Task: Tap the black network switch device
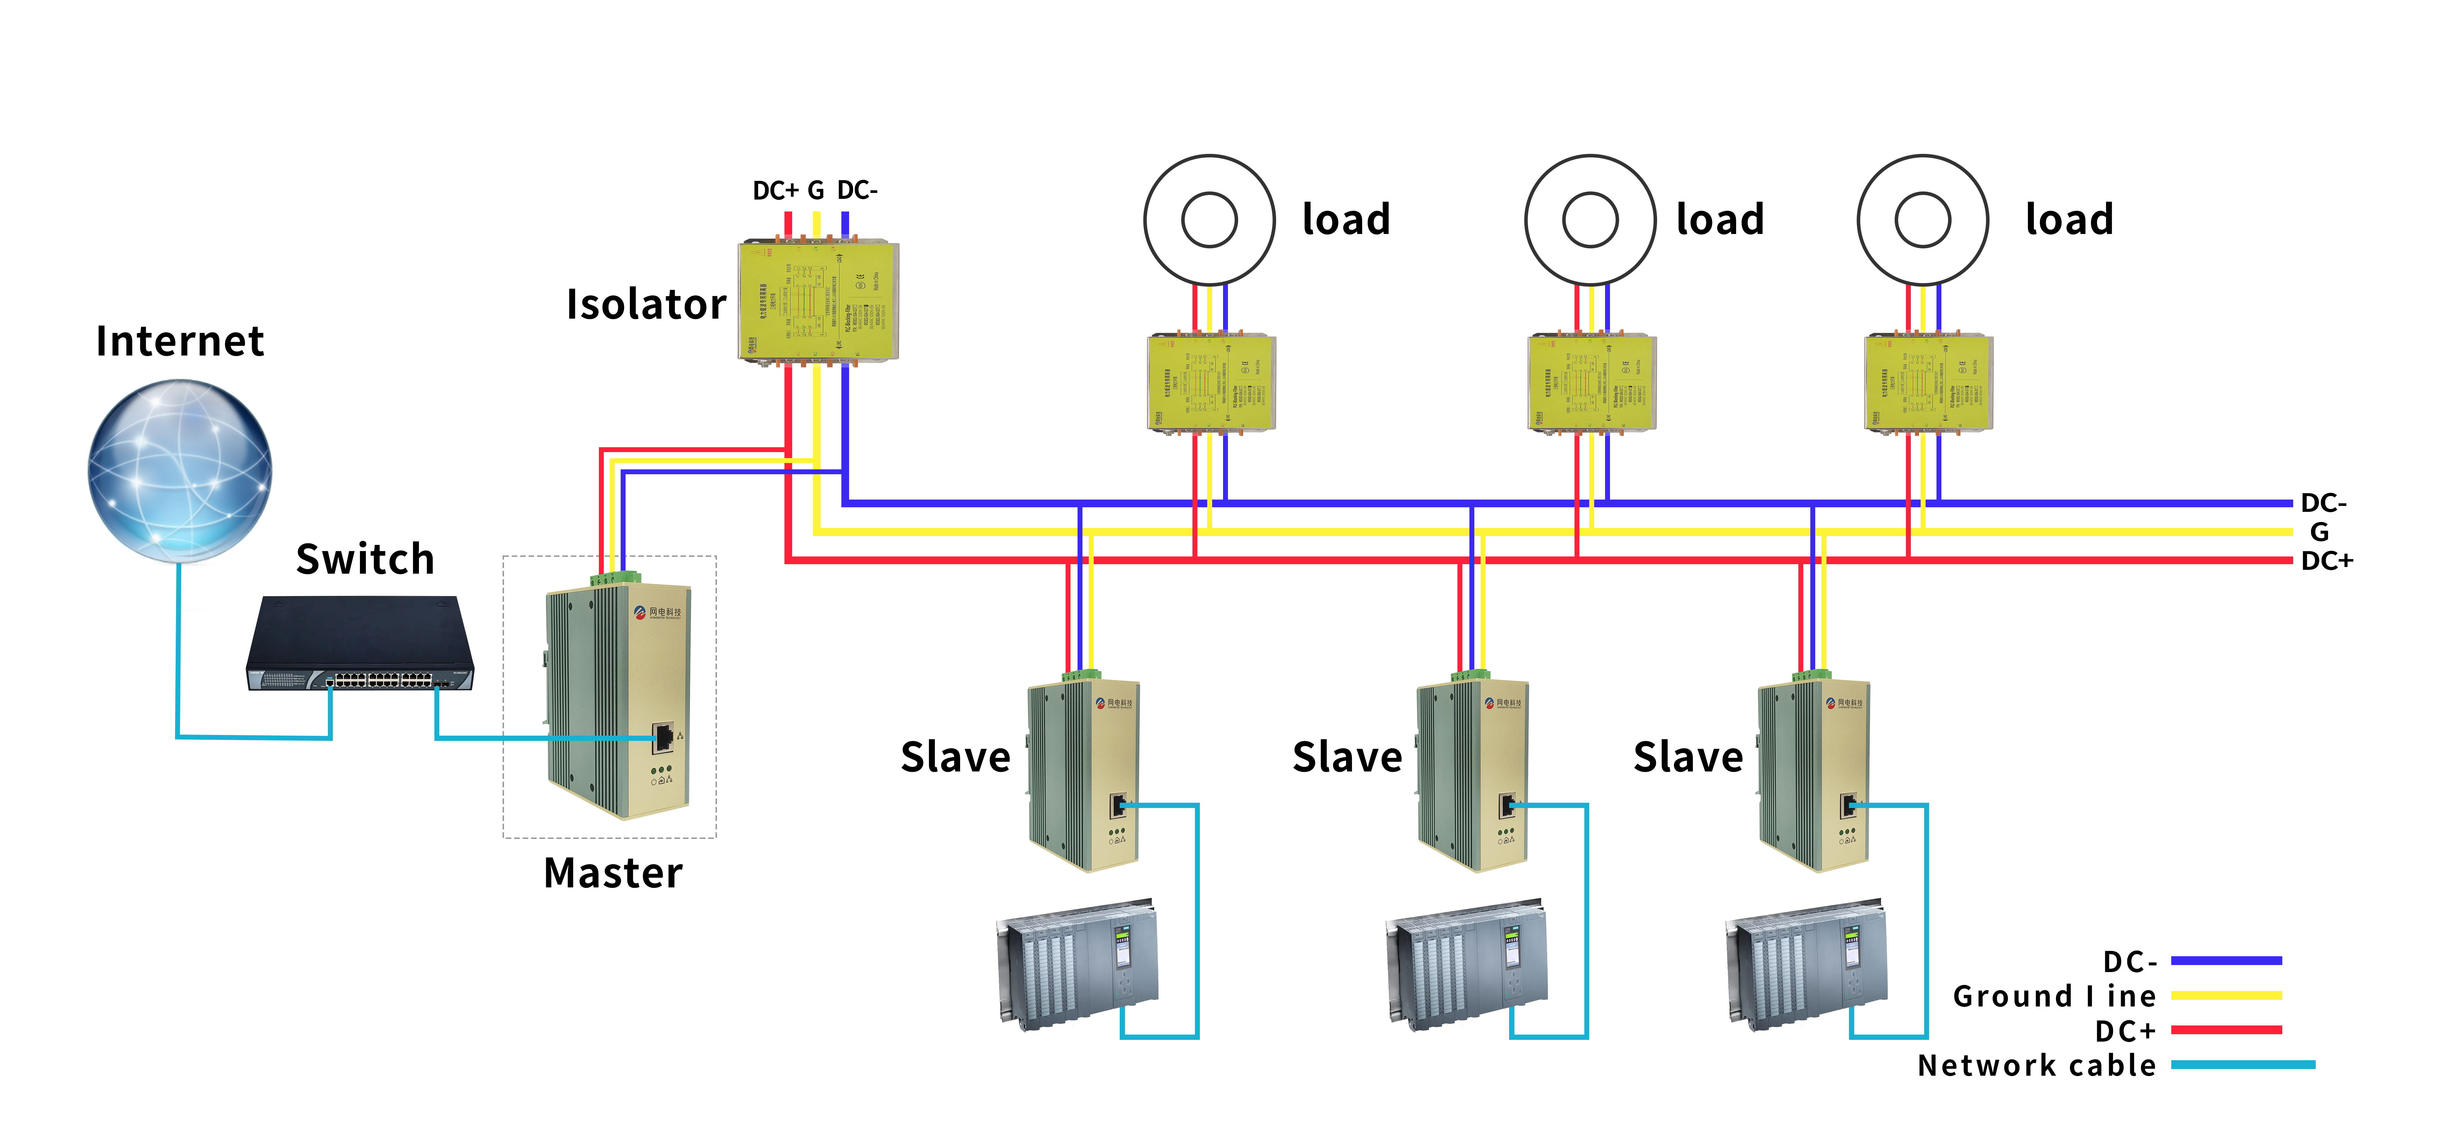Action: click(360, 644)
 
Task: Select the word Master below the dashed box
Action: click(612, 873)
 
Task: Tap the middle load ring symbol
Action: click(1590, 220)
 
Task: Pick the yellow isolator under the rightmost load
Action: click(1928, 383)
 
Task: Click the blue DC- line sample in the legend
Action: click(2226, 960)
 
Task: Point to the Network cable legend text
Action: click(2037, 1065)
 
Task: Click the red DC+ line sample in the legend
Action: click(2226, 1030)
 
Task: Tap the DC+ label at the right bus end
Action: click(2326, 561)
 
